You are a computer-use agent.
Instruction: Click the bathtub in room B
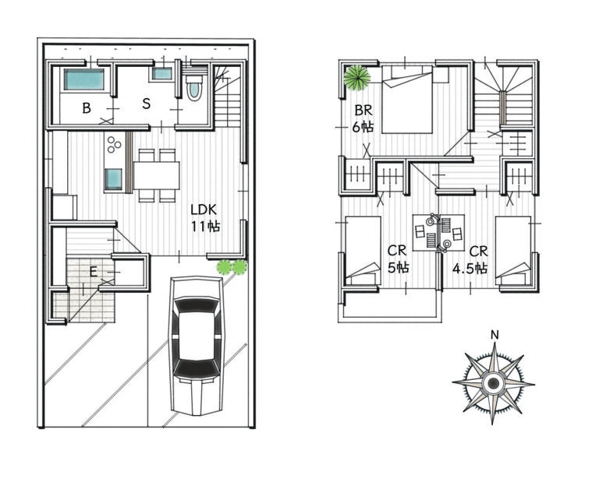83,79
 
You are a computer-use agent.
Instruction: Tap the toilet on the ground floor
193,87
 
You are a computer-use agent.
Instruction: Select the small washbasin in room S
162,74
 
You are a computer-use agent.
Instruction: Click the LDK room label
204,209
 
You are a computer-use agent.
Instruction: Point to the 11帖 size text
206,227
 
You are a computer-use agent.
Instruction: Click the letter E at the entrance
93,272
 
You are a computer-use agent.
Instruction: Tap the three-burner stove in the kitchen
114,145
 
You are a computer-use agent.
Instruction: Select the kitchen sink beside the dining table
113,179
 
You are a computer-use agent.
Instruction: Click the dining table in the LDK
157,175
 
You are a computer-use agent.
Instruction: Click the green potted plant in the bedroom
356,78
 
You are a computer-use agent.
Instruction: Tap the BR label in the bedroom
363,111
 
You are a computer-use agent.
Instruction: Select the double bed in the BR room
407,99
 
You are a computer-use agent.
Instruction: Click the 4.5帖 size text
470,269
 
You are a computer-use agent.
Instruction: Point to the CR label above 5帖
397,251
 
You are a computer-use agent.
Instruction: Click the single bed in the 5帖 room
363,251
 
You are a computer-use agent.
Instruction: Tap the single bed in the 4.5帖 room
513,251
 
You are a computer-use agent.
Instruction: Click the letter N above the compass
494,335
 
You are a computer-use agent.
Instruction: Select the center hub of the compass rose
493,382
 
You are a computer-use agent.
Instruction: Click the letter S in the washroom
147,104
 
